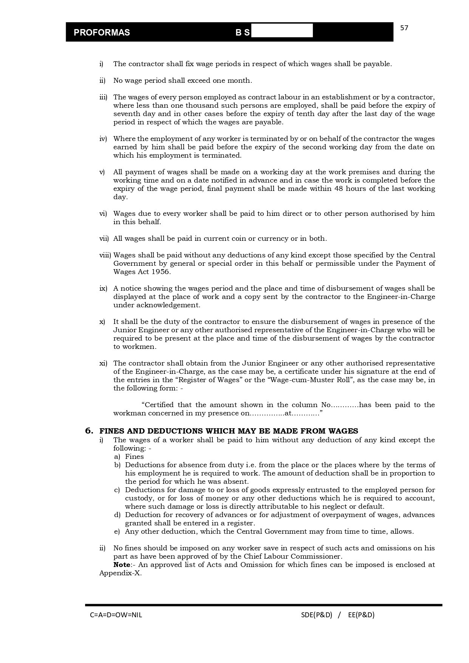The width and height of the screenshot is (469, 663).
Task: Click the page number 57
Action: [x=404, y=28]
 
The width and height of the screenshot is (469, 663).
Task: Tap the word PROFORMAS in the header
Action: [x=102, y=33]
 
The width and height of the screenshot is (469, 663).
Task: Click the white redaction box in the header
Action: [x=282, y=31]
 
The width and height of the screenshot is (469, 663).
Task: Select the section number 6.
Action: [x=89, y=431]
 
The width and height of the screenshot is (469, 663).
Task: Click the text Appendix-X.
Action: [x=120, y=573]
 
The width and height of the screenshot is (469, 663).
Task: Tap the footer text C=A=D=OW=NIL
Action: [x=116, y=615]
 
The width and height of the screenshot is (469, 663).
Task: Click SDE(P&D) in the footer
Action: [x=316, y=615]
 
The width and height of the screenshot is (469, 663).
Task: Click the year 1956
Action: [x=161, y=272]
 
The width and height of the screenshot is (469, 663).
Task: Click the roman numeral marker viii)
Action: [x=105, y=255]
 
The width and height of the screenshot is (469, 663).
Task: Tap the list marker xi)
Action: [x=103, y=363]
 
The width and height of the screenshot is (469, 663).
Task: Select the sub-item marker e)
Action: [x=117, y=531]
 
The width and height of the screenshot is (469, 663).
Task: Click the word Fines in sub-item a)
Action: [x=135, y=457]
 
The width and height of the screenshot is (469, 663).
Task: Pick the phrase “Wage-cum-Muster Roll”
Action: [x=310, y=380]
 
